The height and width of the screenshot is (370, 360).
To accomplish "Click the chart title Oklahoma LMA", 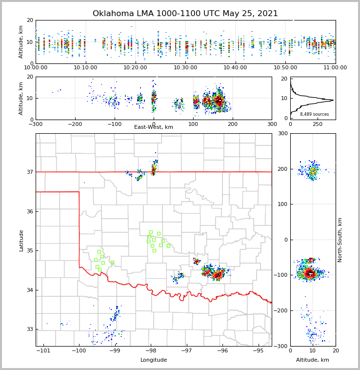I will (x=185, y=14).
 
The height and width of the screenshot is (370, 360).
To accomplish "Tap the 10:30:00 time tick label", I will (x=185, y=68).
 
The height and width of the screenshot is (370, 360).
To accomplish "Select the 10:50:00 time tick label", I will (x=285, y=68).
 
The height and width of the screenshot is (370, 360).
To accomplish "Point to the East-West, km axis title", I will (x=154, y=127).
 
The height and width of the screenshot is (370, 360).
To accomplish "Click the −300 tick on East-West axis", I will (x=36, y=124).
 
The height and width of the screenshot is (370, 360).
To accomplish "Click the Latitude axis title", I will (x=21, y=240).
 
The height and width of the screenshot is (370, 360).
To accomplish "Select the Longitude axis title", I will (x=154, y=360).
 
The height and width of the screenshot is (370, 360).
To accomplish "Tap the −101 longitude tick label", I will (x=43, y=351).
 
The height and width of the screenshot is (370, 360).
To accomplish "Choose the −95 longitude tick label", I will (x=258, y=351).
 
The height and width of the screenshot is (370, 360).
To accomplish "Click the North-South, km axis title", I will (x=340, y=240).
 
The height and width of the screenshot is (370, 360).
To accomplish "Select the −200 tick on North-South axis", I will (x=280, y=311).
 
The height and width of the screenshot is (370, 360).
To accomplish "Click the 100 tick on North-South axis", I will (x=282, y=205).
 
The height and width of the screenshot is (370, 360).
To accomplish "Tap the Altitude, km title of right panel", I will (x=313, y=360).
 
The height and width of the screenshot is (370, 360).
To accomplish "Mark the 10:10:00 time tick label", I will (x=86, y=68).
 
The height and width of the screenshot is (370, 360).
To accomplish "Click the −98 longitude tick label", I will (x=151, y=351).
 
